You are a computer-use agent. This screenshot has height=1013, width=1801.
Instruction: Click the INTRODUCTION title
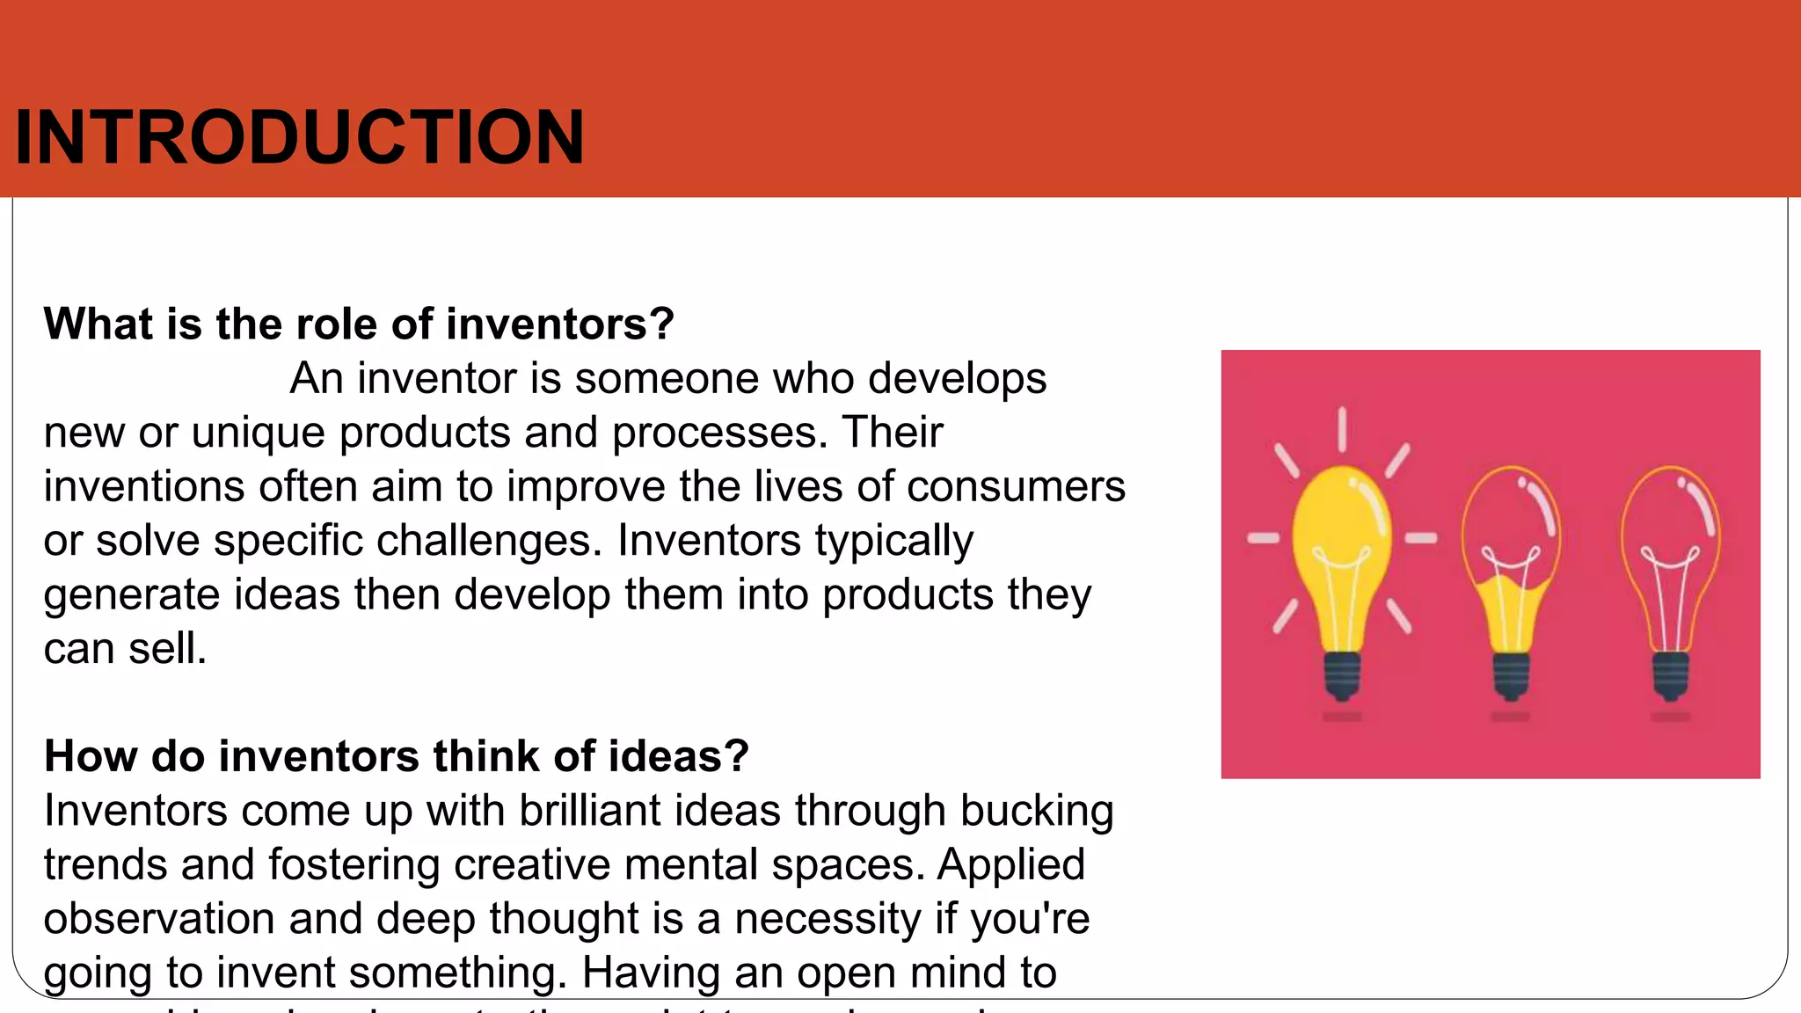click(299, 137)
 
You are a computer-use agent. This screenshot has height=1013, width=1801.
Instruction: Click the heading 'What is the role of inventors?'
click(359, 324)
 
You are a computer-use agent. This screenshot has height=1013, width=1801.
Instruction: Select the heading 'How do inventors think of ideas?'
click(396, 756)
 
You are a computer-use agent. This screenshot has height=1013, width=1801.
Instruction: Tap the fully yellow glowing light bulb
click(1341, 545)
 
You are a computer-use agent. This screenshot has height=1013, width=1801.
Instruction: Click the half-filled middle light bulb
click(1511, 563)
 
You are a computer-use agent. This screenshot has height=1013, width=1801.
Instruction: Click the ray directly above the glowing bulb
click(1342, 429)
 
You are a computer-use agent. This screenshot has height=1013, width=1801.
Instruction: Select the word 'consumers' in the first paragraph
click(1016, 486)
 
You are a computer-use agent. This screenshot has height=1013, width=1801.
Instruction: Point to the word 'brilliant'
click(589, 810)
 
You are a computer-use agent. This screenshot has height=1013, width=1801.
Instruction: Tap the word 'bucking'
click(1037, 810)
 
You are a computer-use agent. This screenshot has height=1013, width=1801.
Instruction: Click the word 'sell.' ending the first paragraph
click(167, 649)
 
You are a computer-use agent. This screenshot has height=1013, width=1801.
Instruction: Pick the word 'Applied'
click(1011, 864)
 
